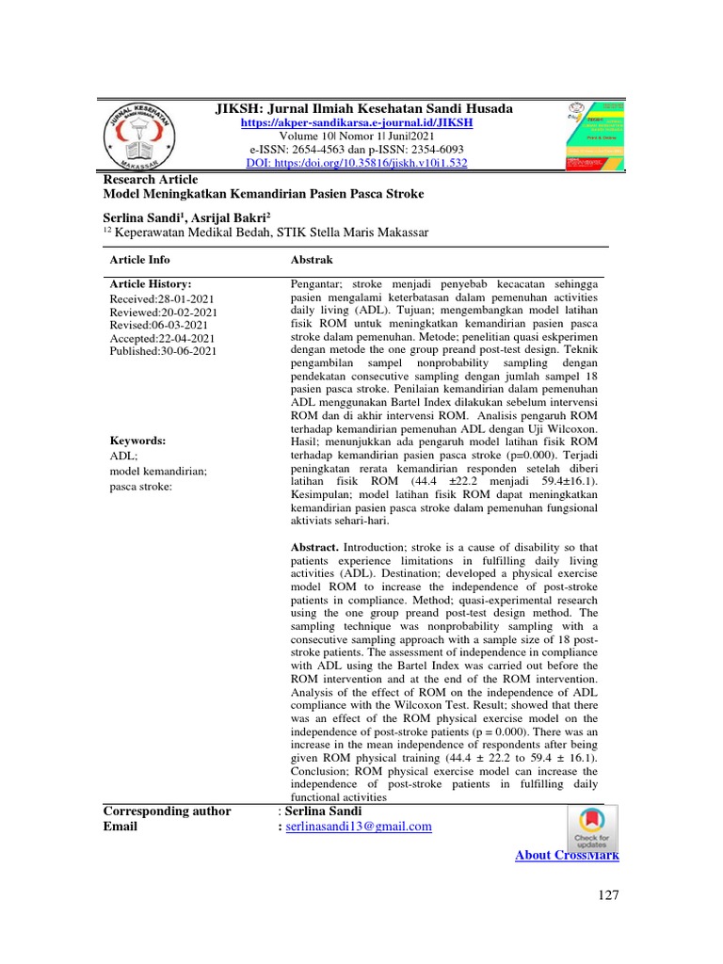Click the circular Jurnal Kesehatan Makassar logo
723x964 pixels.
click(144, 135)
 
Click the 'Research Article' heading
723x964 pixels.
click(150, 178)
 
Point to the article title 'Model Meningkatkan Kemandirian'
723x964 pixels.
click(263, 193)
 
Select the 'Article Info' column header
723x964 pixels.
click(140, 259)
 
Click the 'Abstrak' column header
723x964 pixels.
click(312, 259)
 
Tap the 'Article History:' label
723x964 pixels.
click(151, 283)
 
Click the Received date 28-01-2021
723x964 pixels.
click(163, 297)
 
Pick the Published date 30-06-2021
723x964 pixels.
click(163, 351)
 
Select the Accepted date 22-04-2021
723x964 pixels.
click(163, 338)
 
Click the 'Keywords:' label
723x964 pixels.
click(137, 440)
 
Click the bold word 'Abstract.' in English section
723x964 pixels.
click(315, 546)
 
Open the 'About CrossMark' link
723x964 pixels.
click(567, 855)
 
